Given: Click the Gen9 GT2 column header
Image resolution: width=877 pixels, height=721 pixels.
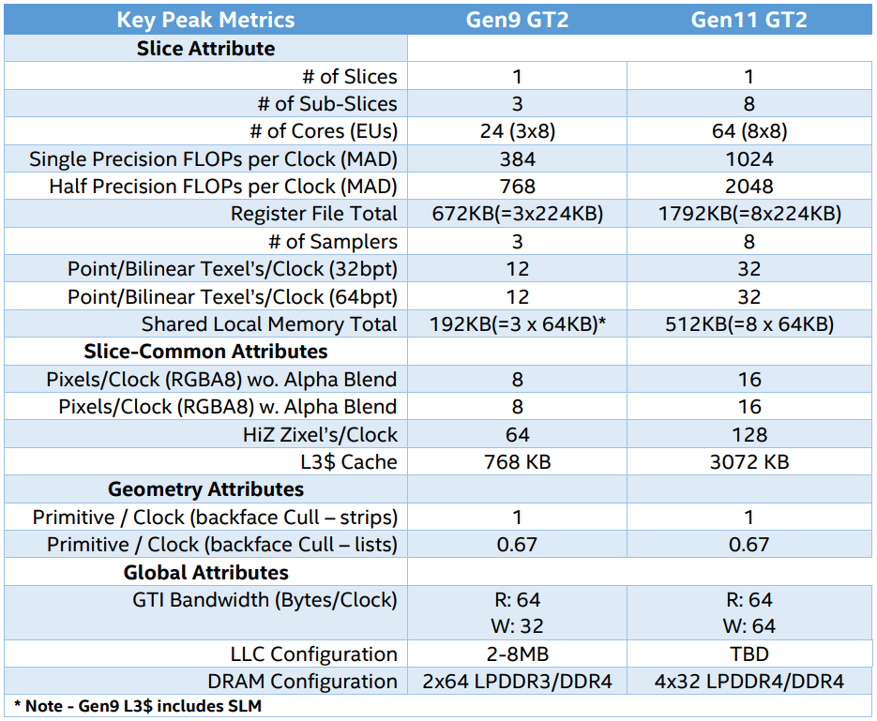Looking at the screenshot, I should [x=517, y=20].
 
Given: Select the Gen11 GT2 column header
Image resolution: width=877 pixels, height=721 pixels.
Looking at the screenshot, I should [x=748, y=20].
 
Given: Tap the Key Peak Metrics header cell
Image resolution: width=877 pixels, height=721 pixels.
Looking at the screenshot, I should [x=205, y=20].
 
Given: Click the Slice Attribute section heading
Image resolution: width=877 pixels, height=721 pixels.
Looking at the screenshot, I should [x=206, y=49].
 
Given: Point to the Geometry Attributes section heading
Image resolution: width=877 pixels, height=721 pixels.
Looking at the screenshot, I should [x=206, y=489].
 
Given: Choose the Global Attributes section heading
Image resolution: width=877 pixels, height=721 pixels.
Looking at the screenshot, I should [x=206, y=573].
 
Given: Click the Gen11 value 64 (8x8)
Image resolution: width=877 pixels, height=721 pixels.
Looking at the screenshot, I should [x=748, y=131].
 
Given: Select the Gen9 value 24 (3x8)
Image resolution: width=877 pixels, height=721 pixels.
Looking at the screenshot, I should [x=517, y=131].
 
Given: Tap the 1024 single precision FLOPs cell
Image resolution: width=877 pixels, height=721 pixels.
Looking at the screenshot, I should [x=748, y=159].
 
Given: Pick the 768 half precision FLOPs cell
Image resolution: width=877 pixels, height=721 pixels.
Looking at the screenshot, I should [x=517, y=187].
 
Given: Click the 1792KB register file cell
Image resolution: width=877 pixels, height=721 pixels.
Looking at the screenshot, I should [x=748, y=214].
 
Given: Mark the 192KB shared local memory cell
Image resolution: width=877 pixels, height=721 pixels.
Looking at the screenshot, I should [x=517, y=324].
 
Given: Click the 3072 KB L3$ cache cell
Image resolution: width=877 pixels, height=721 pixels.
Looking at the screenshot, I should [x=748, y=462].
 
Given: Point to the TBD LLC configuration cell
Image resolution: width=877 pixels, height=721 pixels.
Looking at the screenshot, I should [x=748, y=654].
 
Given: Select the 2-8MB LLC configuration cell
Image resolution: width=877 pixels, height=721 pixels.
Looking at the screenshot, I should [x=517, y=654].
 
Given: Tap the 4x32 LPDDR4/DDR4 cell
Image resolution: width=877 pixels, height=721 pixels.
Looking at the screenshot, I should [x=748, y=682].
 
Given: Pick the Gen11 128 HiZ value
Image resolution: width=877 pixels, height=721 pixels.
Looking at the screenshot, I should [x=748, y=435].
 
